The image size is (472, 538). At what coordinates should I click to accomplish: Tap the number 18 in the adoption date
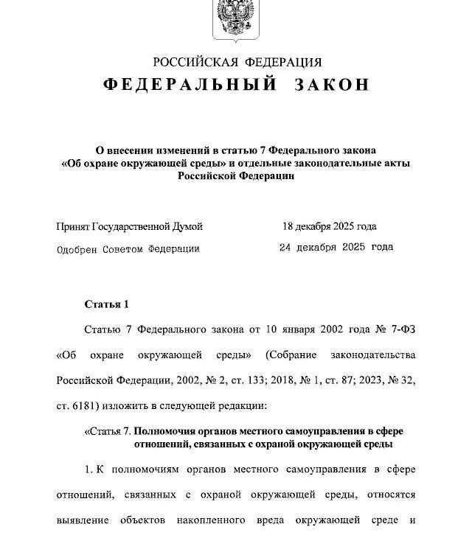click(288, 226)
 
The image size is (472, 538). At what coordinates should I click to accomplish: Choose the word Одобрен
click(77, 248)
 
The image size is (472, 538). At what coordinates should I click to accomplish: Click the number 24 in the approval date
click(286, 248)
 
